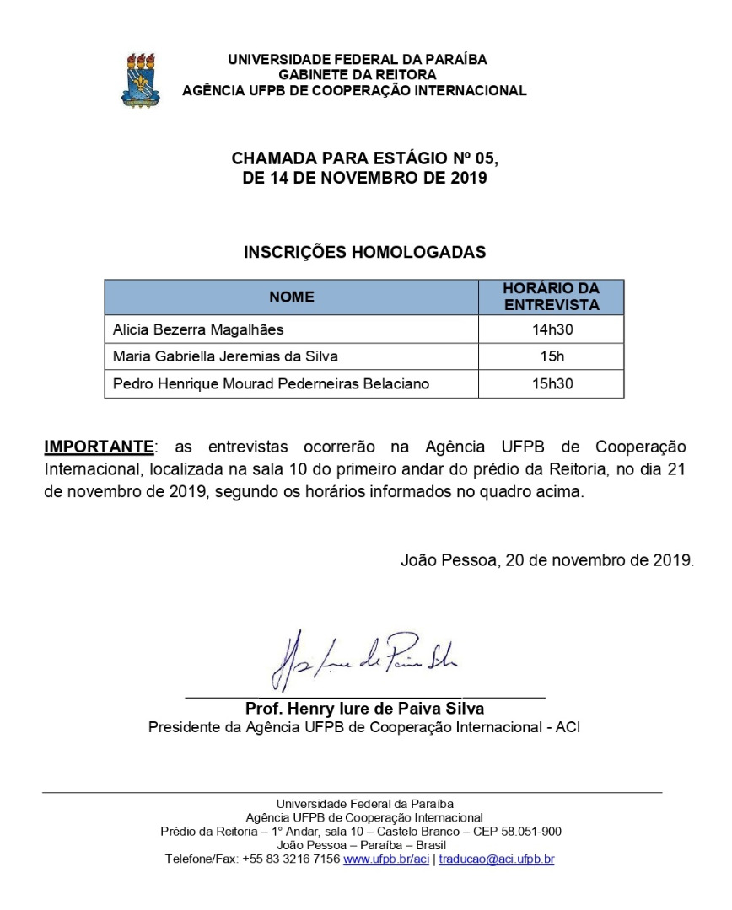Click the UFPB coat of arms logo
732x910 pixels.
point(140,78)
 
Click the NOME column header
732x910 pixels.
point(291,297)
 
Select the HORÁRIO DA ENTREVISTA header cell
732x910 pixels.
point(551,297)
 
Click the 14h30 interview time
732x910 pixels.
point(552,329)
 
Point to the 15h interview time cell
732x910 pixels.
point(552,356)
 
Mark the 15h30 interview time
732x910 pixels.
point(552,384)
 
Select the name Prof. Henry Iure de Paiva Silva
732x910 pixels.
point(364,708)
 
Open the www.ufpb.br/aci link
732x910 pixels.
point(387,859)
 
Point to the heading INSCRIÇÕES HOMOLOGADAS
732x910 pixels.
point(364,252)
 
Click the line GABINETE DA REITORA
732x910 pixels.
point(358,75)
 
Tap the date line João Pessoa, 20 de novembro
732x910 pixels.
point(547,559)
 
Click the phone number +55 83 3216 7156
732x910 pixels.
point(291,859)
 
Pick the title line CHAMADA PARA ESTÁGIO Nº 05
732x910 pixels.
point(364,159)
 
